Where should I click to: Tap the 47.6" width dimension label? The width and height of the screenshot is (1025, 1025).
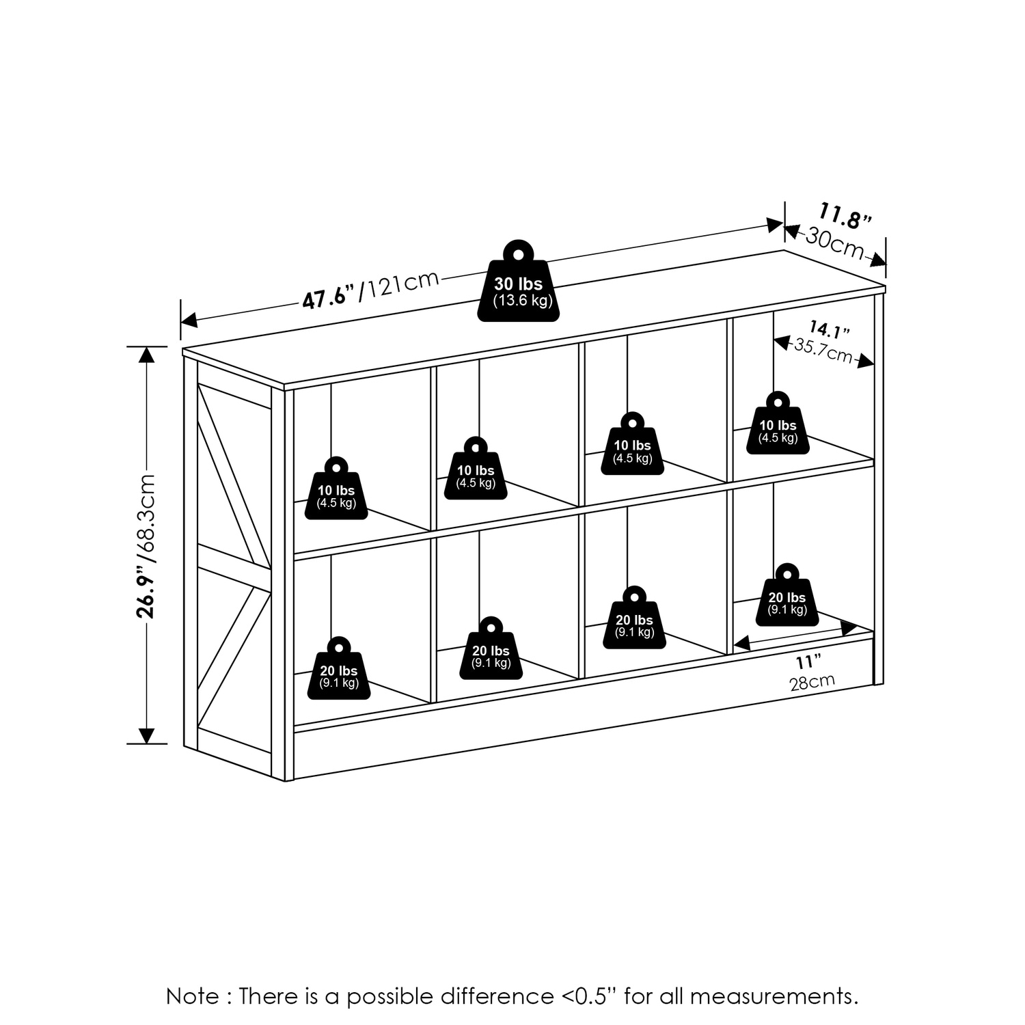click(330, 296)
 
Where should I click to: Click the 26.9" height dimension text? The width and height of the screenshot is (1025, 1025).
click(146, 592)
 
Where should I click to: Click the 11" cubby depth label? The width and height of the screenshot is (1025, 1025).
click(808, 662)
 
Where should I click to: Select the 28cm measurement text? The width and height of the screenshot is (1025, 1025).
click(812, 682)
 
